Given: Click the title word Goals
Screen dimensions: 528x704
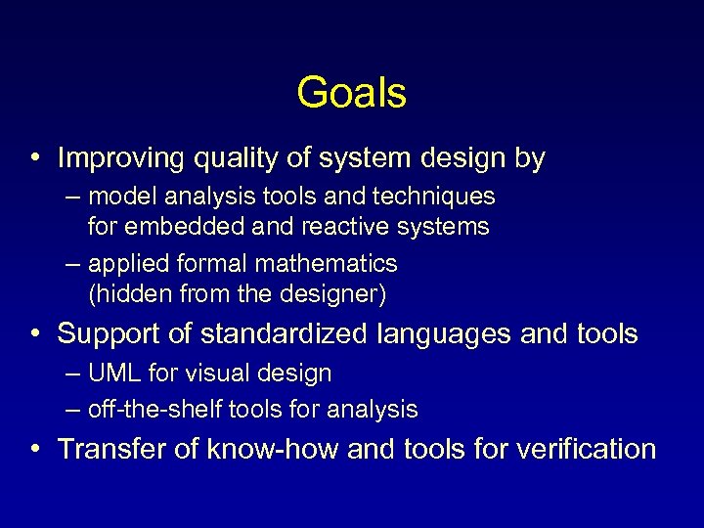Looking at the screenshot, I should click(x=351, y=93).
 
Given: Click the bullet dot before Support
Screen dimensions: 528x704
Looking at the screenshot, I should click(x=34, y=334).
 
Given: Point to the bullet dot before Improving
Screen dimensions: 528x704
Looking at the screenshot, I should click(x=34, y=158).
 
